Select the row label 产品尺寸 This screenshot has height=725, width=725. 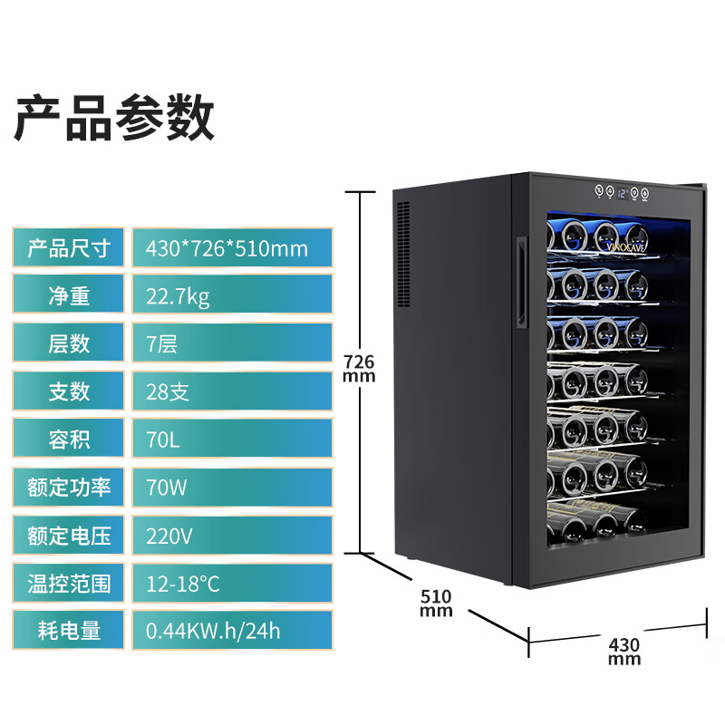(69, 248)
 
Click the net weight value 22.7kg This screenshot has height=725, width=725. (178, 296)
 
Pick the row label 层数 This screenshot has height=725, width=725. (69, 343)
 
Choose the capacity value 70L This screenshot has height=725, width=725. (163, 440)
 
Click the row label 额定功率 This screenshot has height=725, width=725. (69, 488)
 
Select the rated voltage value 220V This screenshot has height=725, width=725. (169, 536)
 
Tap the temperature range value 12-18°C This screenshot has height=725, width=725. (183, 583)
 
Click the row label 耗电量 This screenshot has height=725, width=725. (69, 631)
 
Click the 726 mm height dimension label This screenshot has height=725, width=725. (359, 368)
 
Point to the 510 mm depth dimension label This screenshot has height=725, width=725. (436, 603)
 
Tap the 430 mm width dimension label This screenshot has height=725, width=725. (624, 652)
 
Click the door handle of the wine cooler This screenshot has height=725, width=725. (519, 282)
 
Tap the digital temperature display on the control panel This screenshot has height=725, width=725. (622, 193)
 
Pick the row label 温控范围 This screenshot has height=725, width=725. (69, 583)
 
